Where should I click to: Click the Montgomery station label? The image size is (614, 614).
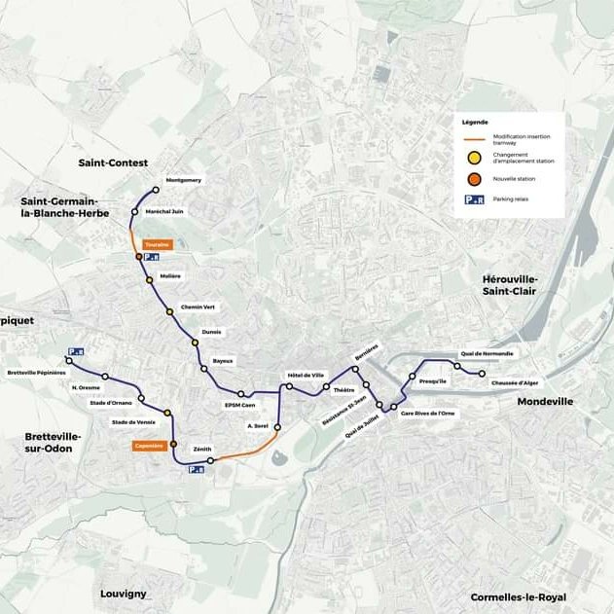click(184, 180)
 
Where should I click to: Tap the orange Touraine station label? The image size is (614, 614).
click(157, 244)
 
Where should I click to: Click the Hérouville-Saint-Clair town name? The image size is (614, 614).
click(510, 285)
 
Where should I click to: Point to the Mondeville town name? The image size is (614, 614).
click(545, 401)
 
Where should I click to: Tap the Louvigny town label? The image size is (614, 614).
click(124, 593)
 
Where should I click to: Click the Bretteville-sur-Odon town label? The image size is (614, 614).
click(54, 444)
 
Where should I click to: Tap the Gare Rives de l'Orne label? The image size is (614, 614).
click(427, 413)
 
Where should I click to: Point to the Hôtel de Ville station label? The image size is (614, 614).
click(306, 375)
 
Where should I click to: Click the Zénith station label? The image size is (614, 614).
click(202, 449)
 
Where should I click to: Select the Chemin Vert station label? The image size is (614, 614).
click(198, 307)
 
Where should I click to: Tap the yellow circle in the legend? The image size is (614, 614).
click(473, 158)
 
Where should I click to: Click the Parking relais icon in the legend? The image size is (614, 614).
click(474, 199)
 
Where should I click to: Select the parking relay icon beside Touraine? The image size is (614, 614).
click(152, 258)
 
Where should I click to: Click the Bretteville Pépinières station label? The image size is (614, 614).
click(36, 373)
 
